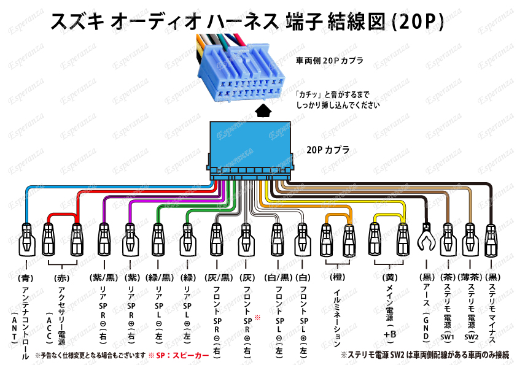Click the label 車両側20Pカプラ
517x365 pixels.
[x=329, y=61]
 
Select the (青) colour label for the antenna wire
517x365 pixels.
[x=25, y=277]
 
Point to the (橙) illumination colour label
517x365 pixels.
[x=337, y=277]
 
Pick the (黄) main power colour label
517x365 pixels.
[x=388, y=277]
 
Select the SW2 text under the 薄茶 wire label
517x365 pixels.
[x=472, y=337]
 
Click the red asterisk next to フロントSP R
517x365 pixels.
[x=257, y=317]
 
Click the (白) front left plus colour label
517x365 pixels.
[x=302, y=277]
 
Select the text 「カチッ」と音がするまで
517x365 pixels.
[x=332, y=95]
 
